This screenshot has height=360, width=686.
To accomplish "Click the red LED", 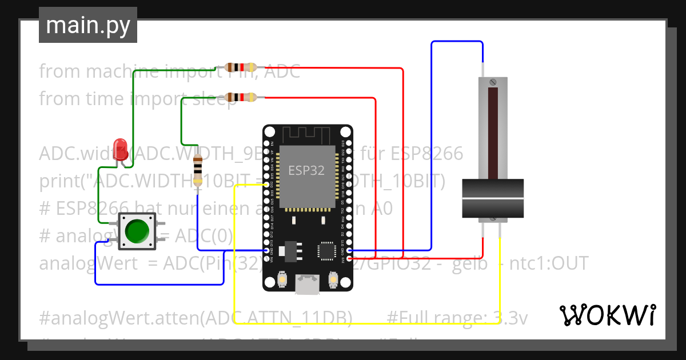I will click(x=121, y=149).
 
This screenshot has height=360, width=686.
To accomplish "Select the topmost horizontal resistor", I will click(x=240, y=67).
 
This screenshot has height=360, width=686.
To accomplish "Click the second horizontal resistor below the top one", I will click(x=240, y=98).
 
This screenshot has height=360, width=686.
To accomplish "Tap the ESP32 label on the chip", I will click(x=306, y=170).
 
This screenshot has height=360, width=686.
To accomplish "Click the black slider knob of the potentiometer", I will click(x=493, y=198).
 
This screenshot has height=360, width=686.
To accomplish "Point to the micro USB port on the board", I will click(x=307, y=285).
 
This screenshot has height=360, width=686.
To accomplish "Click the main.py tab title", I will click(x=88, y=25).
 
